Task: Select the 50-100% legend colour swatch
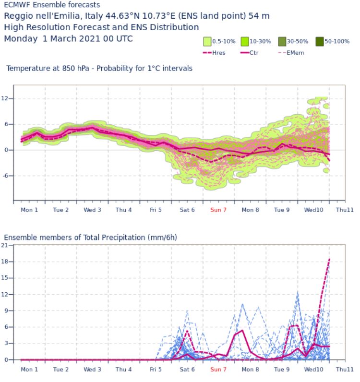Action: (320, 42)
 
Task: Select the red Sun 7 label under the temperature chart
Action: (218, 210)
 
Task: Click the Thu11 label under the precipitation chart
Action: (345, 370)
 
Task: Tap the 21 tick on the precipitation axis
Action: (5, 245)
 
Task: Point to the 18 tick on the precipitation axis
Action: (5, 262)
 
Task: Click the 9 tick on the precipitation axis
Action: (7, 310)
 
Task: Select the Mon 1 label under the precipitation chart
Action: (29, 370)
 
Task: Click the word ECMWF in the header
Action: (17, 5)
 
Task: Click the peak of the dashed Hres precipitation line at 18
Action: (329, 259)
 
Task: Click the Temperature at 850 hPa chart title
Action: (99, 69)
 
